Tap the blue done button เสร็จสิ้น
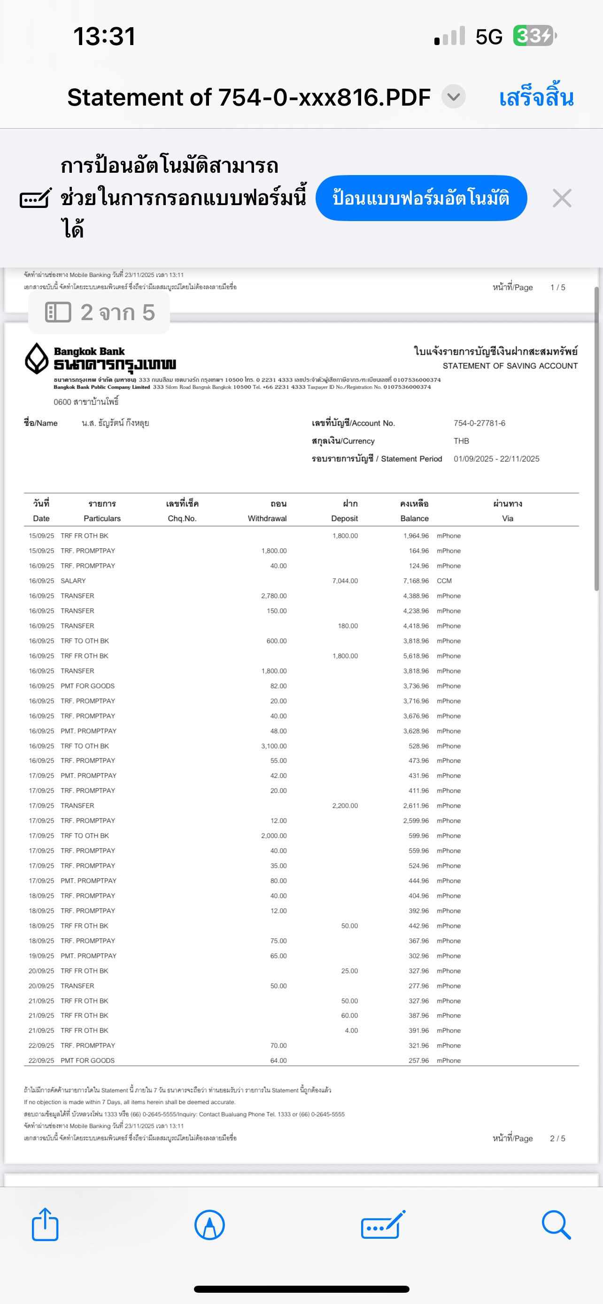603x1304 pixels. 536,97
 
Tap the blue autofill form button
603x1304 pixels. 421,198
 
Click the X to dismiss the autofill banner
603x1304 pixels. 562,198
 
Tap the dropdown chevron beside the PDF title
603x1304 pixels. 453,96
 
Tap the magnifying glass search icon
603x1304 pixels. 556,1225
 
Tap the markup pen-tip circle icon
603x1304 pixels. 209,1225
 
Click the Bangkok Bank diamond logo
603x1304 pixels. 37,359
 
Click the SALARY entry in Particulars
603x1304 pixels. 73,581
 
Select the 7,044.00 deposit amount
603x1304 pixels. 345,581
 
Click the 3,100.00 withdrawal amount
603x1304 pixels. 274,746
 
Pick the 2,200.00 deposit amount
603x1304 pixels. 345,805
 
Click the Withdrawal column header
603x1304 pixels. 267,518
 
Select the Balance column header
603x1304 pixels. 414,518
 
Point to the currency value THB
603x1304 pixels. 461,441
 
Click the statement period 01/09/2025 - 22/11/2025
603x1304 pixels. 496,459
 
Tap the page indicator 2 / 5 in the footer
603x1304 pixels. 557,1138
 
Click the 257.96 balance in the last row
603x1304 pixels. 419,1060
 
